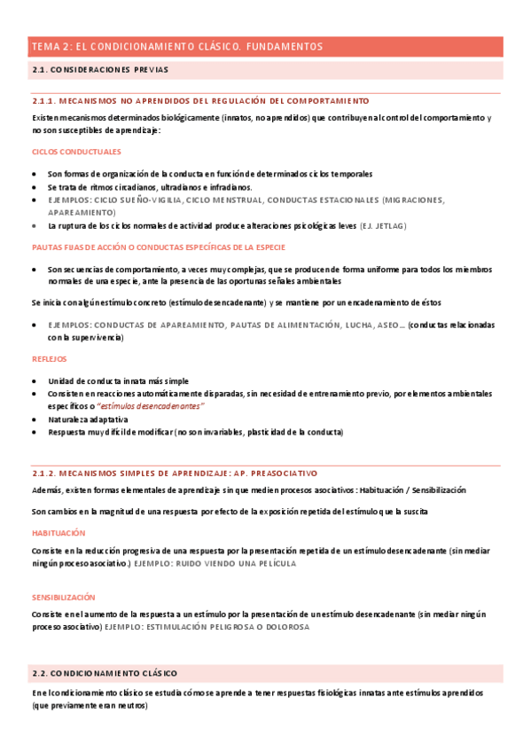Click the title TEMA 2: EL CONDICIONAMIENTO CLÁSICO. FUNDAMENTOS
coord(177,46)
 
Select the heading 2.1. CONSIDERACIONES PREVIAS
coord(99,69)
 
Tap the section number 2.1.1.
coord(47,101)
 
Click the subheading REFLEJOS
coord(49,359)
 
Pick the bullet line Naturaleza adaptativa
coord(88,419)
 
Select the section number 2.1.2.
coord(47,474)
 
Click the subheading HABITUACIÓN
coord(59,533)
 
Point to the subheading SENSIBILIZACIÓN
coord(63,598)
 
